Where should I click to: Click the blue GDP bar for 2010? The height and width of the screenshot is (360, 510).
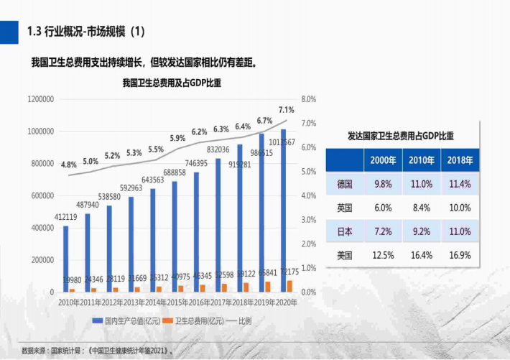click(66, 259)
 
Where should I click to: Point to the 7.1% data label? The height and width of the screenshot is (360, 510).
click(286, 110)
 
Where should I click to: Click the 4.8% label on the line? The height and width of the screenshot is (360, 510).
click(68, 165)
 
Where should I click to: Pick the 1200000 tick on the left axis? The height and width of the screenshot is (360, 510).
click(40, 99)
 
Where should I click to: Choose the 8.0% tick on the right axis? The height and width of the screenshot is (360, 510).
click(309, 99)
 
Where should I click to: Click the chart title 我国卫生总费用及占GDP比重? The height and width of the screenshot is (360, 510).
click(172, 83)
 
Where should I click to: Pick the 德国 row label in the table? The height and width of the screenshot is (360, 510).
click(345, 184)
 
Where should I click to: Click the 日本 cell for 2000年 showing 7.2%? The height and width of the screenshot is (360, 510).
click(383, 231)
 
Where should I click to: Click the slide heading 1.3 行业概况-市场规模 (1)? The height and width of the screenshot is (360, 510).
click(85, 31)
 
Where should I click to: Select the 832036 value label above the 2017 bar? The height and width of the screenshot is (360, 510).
click(218, 149)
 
